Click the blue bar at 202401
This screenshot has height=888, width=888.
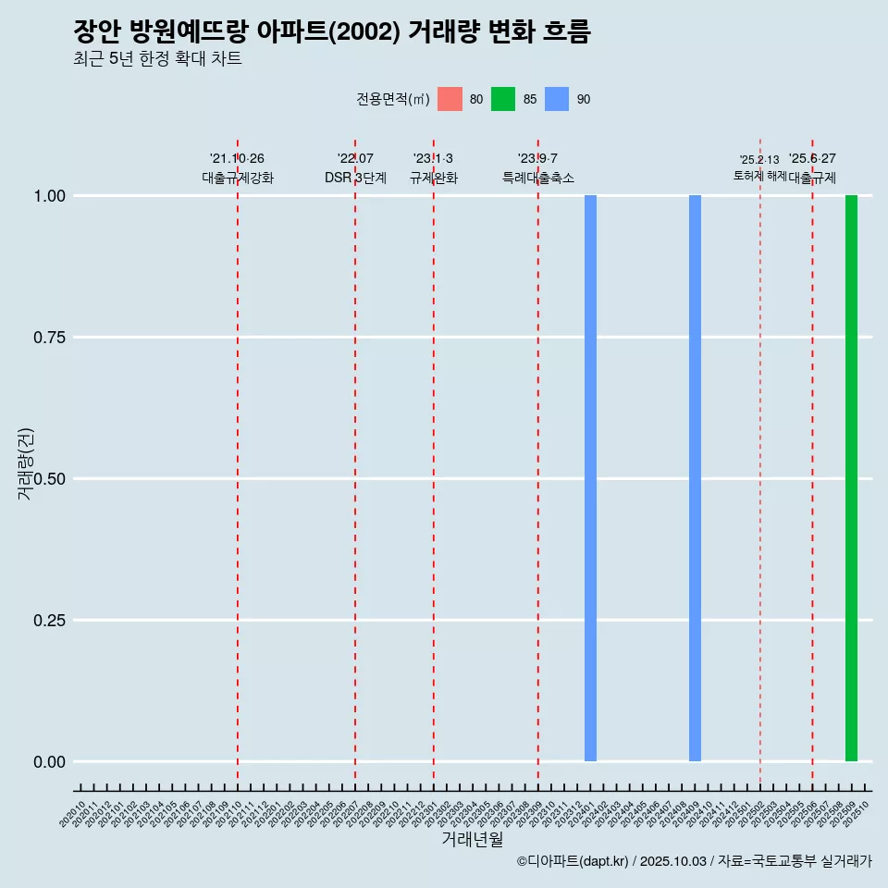tap(590, 478)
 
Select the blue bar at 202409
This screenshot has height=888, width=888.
tap(695, 478)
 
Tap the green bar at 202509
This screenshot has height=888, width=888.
tap(851, 478)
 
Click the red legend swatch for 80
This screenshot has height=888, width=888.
tap(450, 99)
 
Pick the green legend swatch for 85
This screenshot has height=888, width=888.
tap(503, 99)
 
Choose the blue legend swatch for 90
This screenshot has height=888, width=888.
tap(557, 99)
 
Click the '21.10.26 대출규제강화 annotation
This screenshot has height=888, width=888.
tap(238, 168)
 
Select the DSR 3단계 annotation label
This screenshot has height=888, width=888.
tap(355, 178)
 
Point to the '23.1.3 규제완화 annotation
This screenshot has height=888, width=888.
tap(433, 168)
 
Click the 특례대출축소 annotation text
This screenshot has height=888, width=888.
tap(538, 178)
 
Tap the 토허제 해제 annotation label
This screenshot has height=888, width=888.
tap(759, 175)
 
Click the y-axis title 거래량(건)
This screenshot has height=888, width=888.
tap(26, 463)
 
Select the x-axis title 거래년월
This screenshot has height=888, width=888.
tap(473, 840)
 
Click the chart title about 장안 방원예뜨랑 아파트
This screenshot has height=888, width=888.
tap(332, 32)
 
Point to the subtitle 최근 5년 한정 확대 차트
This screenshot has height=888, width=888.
tap(157, 59)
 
